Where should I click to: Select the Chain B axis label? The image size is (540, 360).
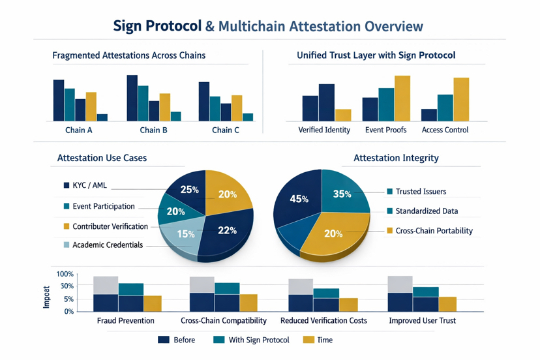(x=154, y=130)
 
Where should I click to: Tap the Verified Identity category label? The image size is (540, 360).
(x=324, y=130)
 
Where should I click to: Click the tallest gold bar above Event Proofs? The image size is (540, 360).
(x=402, y=98)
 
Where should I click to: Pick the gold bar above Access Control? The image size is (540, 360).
(x=461, y=100)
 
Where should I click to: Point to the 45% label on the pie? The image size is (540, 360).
(x=299, y=199)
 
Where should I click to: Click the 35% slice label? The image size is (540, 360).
(x=342, y=194)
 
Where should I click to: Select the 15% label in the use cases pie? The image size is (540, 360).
(x=186, y=233)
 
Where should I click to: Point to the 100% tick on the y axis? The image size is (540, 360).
(x=65, y=275)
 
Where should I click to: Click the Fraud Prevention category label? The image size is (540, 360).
(x=125, y=321)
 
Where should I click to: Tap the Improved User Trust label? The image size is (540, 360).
(x=422, y=321)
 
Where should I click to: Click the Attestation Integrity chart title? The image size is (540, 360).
(x=396, y=158)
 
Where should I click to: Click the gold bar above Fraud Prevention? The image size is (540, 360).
(x=153, y=303)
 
